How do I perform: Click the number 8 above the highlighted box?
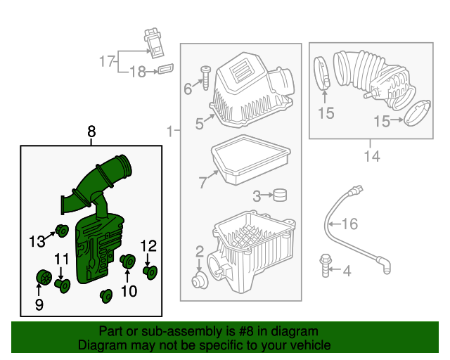[x=91, y=131]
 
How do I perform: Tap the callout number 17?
[x=106, y=62]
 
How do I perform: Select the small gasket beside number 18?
[x=166, y=69]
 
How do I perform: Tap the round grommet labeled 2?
[x=200, y=281]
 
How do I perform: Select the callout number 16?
[x=349, y=224]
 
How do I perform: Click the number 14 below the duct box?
[x=372, y=156]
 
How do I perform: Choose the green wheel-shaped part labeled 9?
[x=42, y=278]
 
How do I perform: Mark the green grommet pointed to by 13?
[x=61, y=229]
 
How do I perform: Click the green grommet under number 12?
[x=150, y=271]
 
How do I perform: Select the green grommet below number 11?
[x=63, y=285]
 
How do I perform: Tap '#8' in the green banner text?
[x=233, y=331]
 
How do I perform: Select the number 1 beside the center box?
[x=169, y=131]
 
